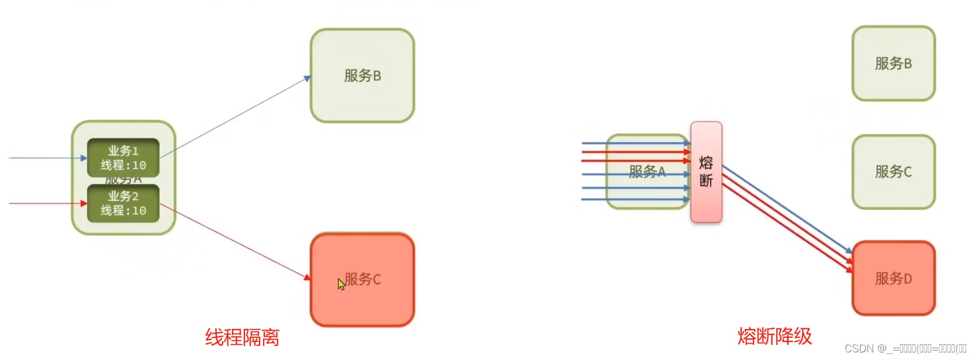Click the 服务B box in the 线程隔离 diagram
[362, 76]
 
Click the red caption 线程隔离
[242, 337]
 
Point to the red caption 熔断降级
[775, 336]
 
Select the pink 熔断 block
[706, 172]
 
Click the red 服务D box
[894, 279]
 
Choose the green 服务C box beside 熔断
[894, 172]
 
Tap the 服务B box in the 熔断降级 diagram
[894, 63]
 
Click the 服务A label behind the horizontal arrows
[647, 171]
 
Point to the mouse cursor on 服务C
[341, 284]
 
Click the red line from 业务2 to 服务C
[234, 241]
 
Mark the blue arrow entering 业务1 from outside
[47, 158]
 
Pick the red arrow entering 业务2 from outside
[47, 203]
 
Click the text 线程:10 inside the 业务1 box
[123, 165]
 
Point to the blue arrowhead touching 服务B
[307, 78]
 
